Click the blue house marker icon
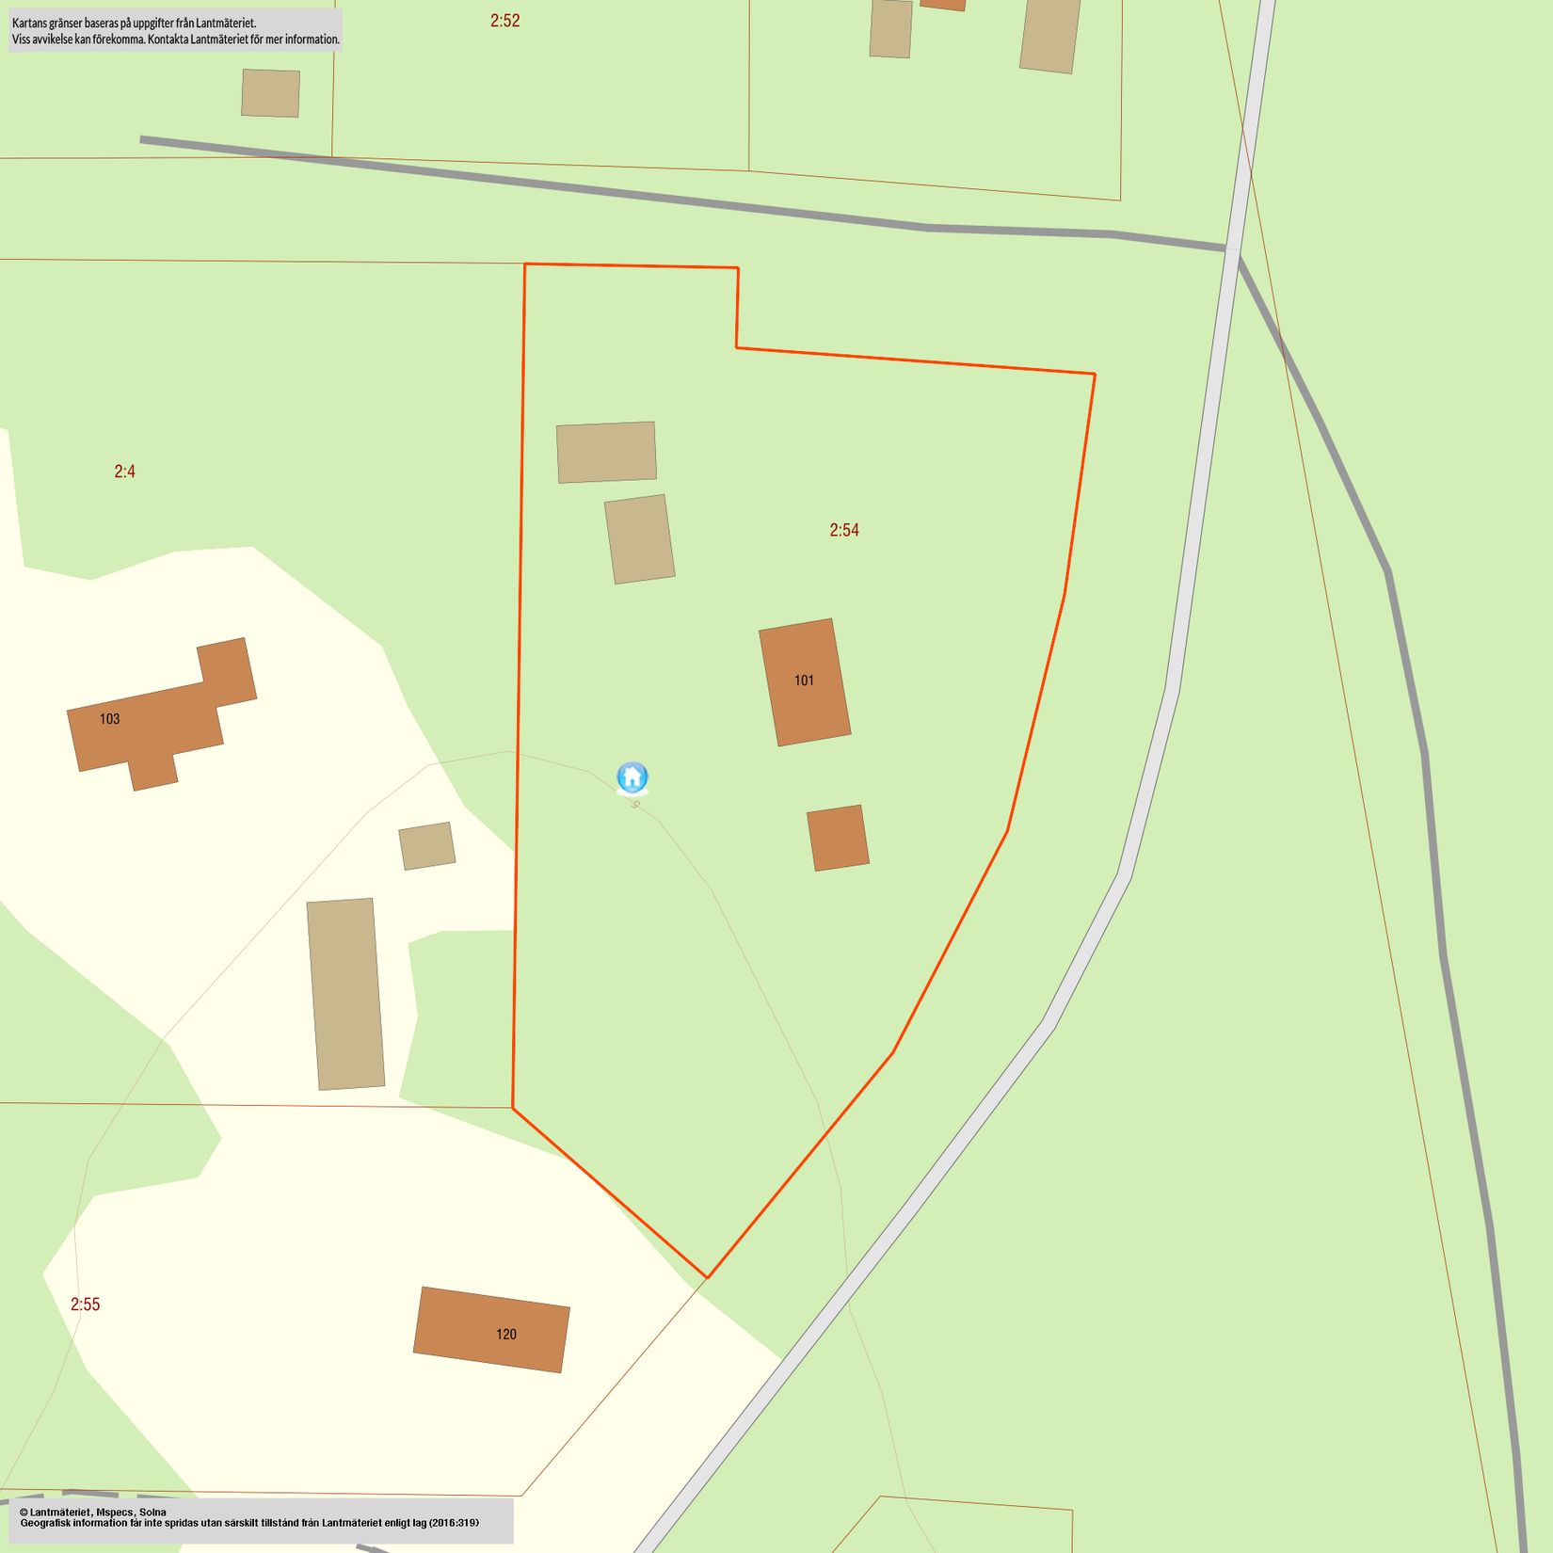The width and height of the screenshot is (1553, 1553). tap(632, 777)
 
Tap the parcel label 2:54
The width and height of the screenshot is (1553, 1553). tap(844, 530)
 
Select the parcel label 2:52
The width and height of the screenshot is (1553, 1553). tap(504, 21)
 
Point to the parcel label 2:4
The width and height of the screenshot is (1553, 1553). tap(125, 472)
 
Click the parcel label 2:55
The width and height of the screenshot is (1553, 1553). tap(85, 1305)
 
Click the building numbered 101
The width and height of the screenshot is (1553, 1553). tap(805, 682)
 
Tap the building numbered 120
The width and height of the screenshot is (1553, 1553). tap(491, 1330)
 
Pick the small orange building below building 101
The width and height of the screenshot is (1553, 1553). tap(838, 838)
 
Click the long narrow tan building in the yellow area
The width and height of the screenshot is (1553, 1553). tap(345, 994)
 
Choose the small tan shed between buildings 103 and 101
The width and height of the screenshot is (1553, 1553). tap(427, 846)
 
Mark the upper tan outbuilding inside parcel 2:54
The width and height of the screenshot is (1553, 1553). tap(606, 452)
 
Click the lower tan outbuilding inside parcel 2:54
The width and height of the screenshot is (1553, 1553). tap(640, 539)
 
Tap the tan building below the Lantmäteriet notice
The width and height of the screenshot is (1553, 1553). tap(270, 93)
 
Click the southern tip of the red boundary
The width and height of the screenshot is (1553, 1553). tap(707, 1277)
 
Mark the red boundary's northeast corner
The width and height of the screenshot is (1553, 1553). tap(1095, 374)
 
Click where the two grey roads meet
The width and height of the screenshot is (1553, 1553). tap(1231, 248)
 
